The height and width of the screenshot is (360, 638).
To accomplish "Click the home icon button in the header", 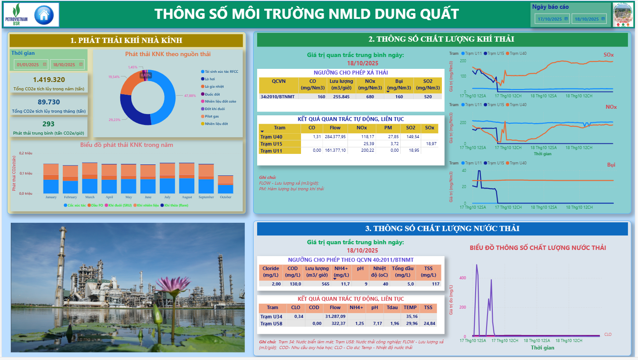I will tap(43, 14).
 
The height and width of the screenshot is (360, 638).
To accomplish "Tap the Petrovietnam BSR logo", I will tap(16, 14).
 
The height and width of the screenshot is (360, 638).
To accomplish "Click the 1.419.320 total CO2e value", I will tap(49, 79).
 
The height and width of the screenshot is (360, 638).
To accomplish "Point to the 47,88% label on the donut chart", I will tap(190, 96).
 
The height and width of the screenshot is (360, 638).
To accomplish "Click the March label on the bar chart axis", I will tap(90, 197).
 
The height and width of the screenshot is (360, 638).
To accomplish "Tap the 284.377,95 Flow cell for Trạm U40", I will tap(335, 137).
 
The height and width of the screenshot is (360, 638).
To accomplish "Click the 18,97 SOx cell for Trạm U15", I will tap(431, 144).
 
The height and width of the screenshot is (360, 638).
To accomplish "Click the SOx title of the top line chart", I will tap(609, 55).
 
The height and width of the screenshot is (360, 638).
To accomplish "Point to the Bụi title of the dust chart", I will tap(611, 165).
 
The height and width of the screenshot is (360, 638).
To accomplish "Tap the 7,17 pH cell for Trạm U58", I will tap(377, 323).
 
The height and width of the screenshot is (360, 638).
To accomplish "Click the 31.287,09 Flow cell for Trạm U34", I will tap(335, 316).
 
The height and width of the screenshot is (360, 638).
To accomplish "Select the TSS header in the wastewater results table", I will tap(428, 307).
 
